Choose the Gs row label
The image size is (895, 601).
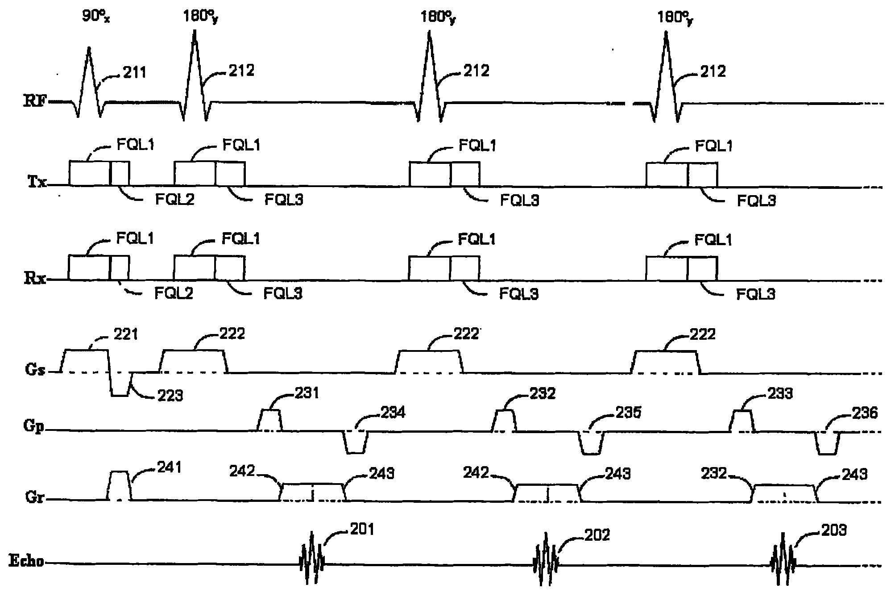coord(34,371)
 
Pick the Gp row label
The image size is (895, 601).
coord(34,426)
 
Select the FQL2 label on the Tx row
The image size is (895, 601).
coord(175,199)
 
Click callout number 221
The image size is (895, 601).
coord(126,334)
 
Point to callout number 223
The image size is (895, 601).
coord(170,396)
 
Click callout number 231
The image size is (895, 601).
coord(307,393)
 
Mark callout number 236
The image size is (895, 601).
coord(865,413)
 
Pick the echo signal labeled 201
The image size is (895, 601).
coord(312,558)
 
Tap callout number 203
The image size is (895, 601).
coord(833,530)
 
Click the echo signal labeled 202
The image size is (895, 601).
coord(545,559)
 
